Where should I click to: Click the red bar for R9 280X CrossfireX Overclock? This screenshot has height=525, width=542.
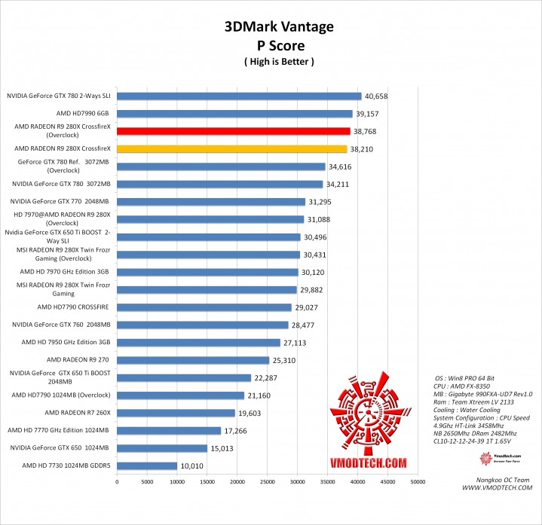coord(234,131)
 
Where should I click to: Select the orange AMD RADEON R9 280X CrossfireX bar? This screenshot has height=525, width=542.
coord(232,149)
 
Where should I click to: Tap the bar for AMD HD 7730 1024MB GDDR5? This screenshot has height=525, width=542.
coord(147,466)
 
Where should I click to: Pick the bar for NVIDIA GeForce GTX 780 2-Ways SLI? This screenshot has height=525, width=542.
coord(239,96)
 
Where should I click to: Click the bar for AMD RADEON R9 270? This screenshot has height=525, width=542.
coord(193,360)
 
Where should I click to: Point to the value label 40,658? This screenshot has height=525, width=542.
coord(376,96)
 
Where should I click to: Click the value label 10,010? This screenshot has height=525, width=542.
coord(191,466)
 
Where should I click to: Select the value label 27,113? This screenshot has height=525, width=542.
coord(295,343)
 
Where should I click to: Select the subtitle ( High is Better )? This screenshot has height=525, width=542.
coord(279,61)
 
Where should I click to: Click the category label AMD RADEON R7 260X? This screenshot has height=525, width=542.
coord(78,413)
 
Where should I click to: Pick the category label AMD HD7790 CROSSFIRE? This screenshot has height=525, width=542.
coord(74,307)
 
